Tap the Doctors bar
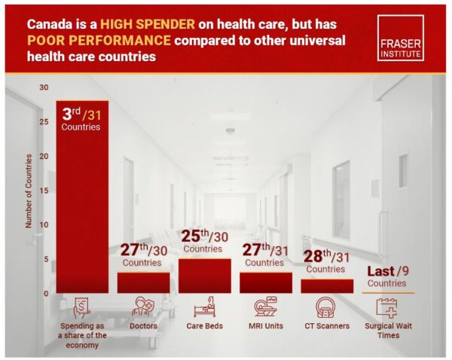pos(143,282)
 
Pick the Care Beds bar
pos(204,276)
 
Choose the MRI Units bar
pos(265,282)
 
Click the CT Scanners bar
pos(326,285)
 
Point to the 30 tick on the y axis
pos(46,87)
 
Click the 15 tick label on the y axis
pos(46,191)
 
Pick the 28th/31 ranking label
pos(325,260)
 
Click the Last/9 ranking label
pos(387,276)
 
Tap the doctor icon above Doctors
pos(143,307)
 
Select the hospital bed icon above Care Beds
pos(204,307)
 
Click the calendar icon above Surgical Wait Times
pos(387,307)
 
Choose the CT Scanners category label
pos(326,327)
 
